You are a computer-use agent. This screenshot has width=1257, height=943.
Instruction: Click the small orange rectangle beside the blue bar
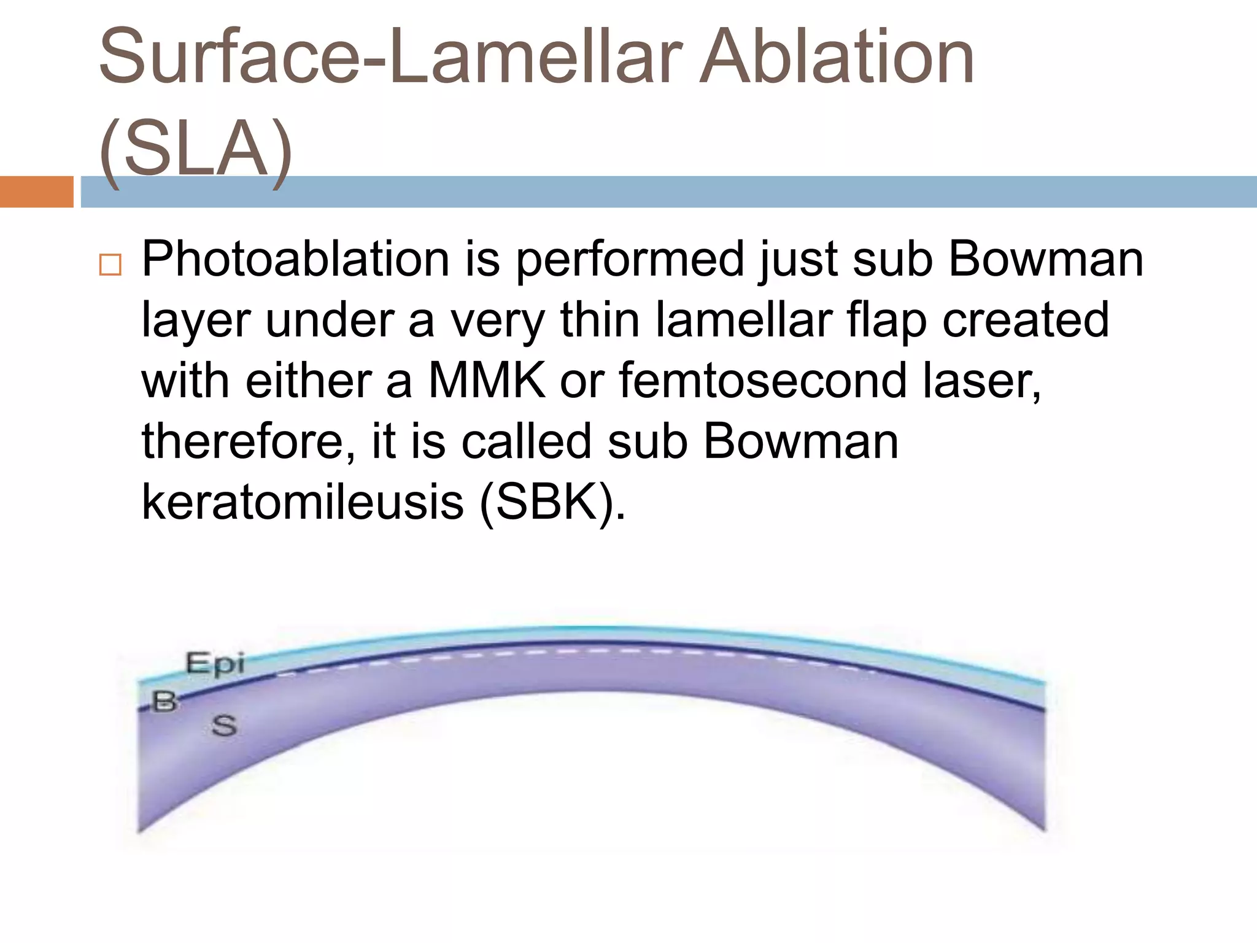pos(36,192)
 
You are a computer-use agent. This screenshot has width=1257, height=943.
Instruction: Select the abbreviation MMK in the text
pos(486,381)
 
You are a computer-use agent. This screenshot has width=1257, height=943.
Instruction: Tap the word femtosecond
pos(762,381)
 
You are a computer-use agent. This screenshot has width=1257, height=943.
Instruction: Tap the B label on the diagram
pos(164,700)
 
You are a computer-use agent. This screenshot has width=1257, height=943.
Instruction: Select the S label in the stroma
pos(224,726)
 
